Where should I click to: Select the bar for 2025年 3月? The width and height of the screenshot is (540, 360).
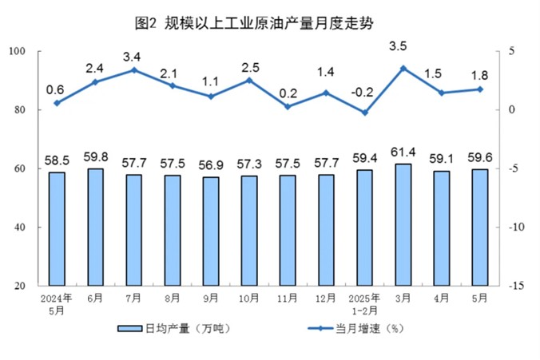pyautogui.click(x=403, y=225)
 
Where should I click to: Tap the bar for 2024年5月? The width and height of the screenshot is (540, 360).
pyautogui.click(x=56, y=229)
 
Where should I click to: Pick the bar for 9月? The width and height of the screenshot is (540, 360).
pyautogui.click(x=210, y=231)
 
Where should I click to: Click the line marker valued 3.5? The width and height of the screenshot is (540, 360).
pyautogui.click(x=403, y=69)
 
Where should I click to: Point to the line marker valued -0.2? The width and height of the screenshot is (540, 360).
pyautogui.click(x=365, y=113)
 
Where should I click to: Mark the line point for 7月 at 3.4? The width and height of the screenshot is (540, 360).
pyautogui.click(x=133, y=70)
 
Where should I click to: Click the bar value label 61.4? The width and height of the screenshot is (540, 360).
pyautogui.click(x=403, y=152)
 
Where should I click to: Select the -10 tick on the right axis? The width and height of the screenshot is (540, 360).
pyautogui.click(x=514, y=227)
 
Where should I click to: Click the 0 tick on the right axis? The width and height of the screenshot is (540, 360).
pyautogui.click(x=509, y=110)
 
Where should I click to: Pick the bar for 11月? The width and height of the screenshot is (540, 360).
pyautogui.click(x=288, y=231)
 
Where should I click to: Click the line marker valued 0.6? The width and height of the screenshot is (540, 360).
pyautogui.click(x=56, y=103)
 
